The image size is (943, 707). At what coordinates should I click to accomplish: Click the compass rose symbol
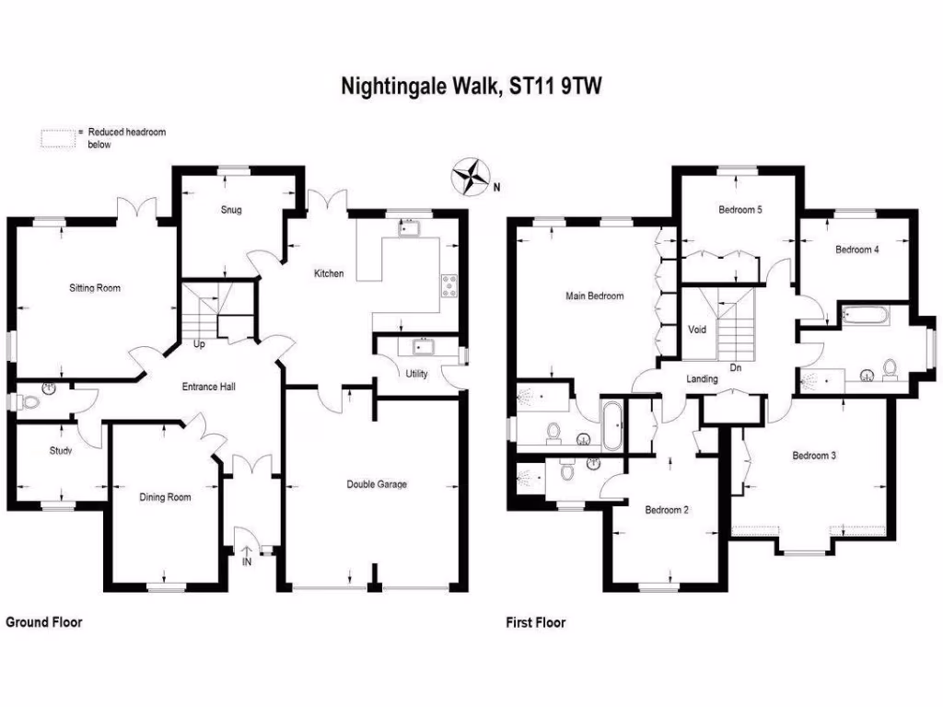tap(470, 177)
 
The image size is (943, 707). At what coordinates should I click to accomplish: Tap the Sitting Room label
tap(95, 288)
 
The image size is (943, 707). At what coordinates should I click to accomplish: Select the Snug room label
tap(231, 210)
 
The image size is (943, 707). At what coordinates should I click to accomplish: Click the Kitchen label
tap(329, 273)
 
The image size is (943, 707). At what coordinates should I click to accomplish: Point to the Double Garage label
tap(377, 484)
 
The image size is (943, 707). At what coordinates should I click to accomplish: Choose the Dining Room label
tap(165, 498)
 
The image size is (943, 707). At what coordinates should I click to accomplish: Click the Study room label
tap(61, 451)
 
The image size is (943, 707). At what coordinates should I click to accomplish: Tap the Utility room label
tap(416, 375)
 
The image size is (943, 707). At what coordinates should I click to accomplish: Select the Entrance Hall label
tap(208, 387)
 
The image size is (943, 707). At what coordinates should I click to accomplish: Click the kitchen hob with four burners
tap(450, 285)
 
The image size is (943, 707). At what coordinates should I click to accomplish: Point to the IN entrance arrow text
tap(247, 561)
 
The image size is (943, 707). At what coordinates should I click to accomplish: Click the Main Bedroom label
tap(594, 296)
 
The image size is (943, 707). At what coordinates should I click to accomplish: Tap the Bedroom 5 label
tap(740, 210)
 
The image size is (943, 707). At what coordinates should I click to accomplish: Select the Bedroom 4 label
tap(856, 249)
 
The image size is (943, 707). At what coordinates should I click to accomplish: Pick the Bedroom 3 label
tap(813, 456)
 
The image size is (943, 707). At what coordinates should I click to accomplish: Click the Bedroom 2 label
tap(667, 510)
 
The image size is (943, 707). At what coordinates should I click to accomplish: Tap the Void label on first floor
tap(697, 329)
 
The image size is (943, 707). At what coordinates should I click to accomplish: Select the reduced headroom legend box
tap(56, 138)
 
